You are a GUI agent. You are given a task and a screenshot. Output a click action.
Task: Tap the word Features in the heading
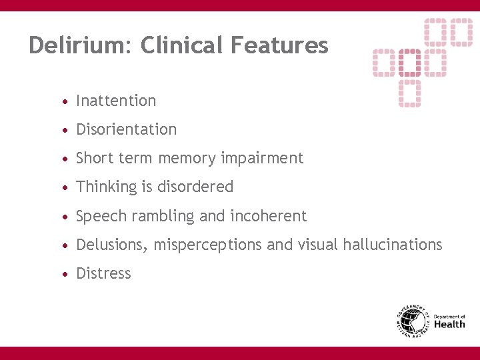(279, 45)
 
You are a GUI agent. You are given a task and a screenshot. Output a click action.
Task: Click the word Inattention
(116, 101)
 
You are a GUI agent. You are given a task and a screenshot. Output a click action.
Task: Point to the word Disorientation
(126, 129)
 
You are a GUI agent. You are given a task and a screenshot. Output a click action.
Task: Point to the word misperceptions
(207, 245)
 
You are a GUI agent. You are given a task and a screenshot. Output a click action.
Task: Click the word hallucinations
(392, 245)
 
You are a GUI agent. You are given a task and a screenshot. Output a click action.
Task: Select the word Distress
(103, 273)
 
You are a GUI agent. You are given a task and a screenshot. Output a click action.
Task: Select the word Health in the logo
(449, 325)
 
